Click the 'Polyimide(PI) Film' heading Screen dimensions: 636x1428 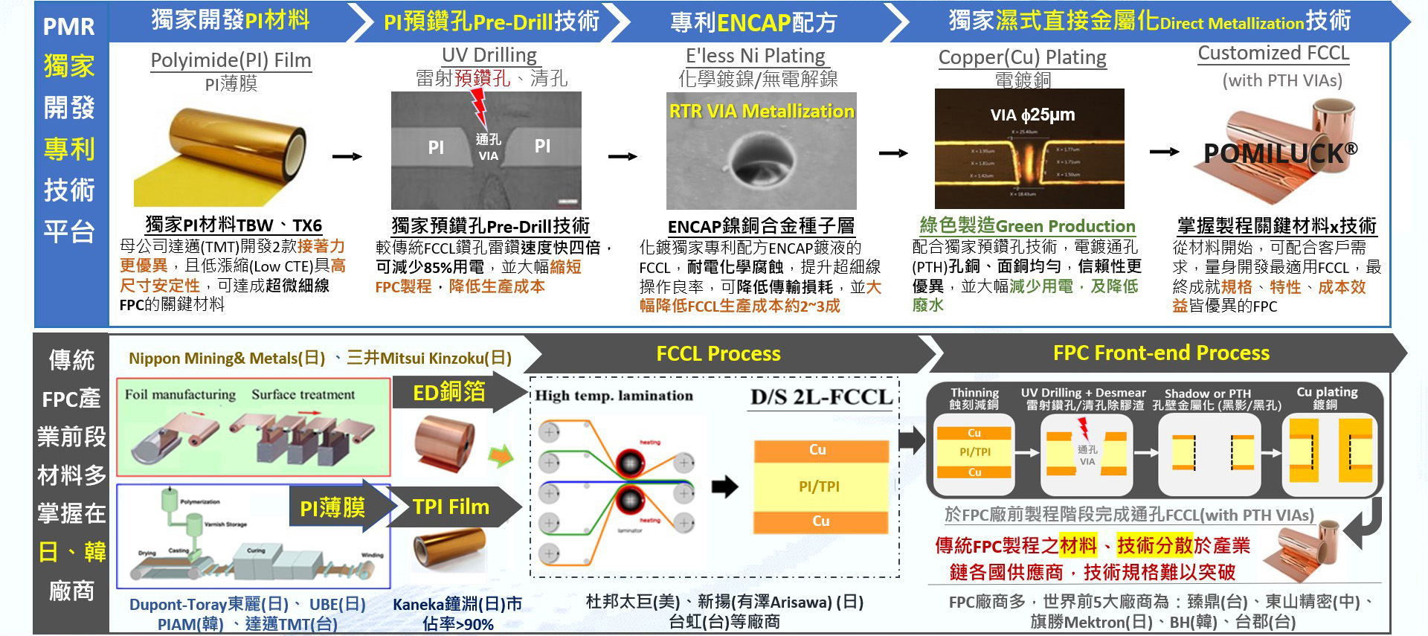pos(231,60)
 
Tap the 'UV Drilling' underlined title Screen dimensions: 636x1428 pos(489,55)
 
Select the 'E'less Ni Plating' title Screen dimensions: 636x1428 pos(755,56)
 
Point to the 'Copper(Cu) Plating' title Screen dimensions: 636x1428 pos(1022,57)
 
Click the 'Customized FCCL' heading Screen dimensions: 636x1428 pos(1273,54)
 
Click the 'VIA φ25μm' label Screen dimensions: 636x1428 pos(1032,115)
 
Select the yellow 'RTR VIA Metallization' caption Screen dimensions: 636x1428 pos(762,112)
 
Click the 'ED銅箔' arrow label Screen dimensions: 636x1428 pos(449,392)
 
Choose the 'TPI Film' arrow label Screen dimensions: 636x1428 pos(451,507)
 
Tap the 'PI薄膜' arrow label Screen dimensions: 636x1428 pos(332,508)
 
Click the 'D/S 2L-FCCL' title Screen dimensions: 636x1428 pos(821,397)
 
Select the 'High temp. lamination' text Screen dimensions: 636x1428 pos(614,396)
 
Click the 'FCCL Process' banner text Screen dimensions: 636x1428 pos(718,353)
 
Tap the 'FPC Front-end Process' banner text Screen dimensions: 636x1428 pos(1161,353)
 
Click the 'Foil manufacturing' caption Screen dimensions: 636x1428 pos(180,394)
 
